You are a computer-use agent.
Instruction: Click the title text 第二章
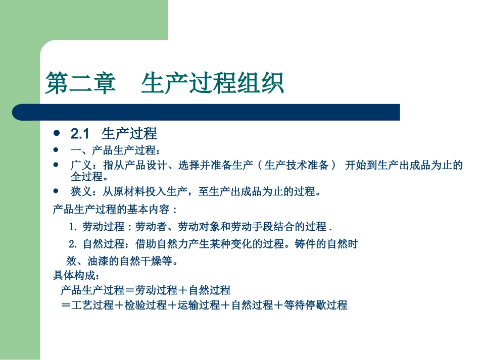(80, 83)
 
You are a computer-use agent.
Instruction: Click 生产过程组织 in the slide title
(212, 83)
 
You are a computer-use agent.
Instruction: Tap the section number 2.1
(80, 134)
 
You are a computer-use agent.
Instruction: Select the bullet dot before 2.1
(57, 134)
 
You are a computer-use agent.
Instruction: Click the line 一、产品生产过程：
(116, 150)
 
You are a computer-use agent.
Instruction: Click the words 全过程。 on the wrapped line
(89, 177)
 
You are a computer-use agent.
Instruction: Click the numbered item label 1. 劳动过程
(96, 226)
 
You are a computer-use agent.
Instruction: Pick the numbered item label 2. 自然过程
(96, 244)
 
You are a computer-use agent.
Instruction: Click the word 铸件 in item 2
(303, 244)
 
